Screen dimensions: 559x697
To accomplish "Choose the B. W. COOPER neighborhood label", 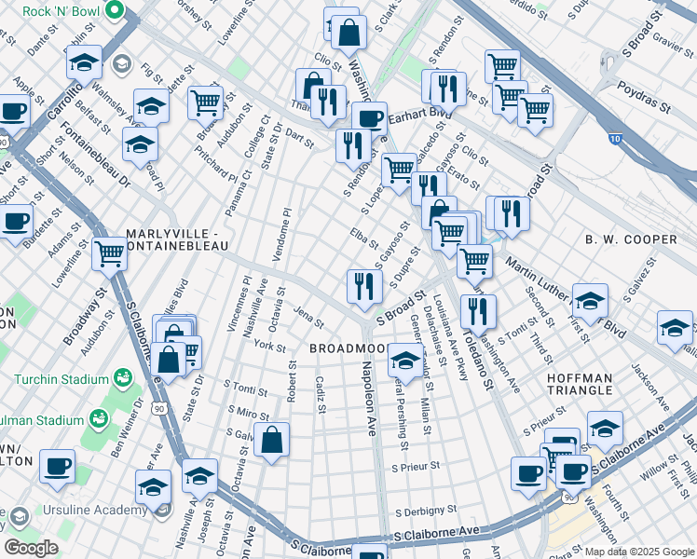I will click(x=631, y=239).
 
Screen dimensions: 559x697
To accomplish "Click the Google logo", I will click(x=30, y=548).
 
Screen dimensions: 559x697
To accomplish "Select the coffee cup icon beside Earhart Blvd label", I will click(x=369, y=118).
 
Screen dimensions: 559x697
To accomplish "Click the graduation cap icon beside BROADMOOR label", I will click(x=405, y=358).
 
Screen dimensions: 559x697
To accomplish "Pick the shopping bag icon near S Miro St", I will click(x=271, y=439).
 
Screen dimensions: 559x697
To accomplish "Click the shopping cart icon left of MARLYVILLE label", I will click(x=109, y=252).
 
